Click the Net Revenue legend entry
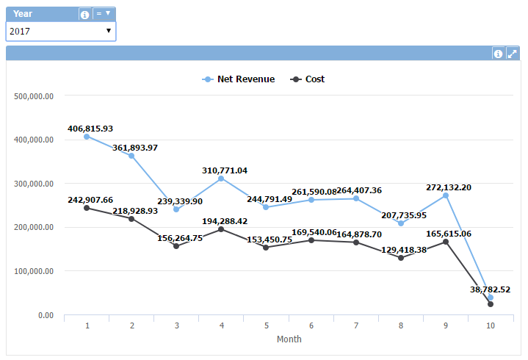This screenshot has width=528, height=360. pyautogui.click(x=238, y=79)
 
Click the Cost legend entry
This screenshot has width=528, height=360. pyautogui.click(x=308, y=79)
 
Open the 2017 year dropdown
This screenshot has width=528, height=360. pyautogui.click(x=60, y=31)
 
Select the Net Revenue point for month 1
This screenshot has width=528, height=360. pyautogui.click(x=87, y=137)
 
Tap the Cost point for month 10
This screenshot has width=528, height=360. pyautogui.click(x=490, y=304)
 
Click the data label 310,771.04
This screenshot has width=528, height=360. pyautogui.click(x=225, y=170)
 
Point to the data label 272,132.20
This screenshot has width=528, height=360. pyautogui.click(x=449, y=187)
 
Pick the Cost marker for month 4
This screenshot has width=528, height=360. pyautogui.click(x=221, y=229)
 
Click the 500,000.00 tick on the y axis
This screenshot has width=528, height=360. pyautogui.click(x=34, y=96)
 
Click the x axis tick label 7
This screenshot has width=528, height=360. pyautogui.click(x=356, y=325)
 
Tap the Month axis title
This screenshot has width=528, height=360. pyautogui.click(x=289, y=339)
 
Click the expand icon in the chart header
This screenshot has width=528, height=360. pyautogui.click(x=512, y=54)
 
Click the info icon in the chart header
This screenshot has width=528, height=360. pyautogui.click(x=498, y=54)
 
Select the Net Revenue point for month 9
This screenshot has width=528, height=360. pyautogui.click(x=445, y=195)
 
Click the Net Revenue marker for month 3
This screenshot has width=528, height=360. pyautogui.click(x=176, y=209)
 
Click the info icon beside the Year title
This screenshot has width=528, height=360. pyautogui.click(x=85, y=14)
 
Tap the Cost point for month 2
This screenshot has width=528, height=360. pyautogui.click(x=131, y=219)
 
